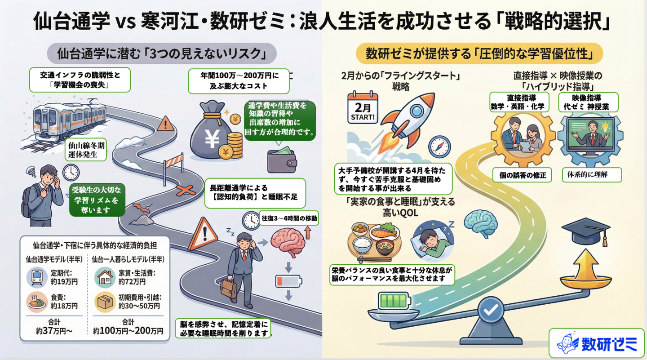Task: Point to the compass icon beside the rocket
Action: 439,146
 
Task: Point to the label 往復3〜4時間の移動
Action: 289,219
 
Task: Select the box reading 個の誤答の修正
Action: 522,175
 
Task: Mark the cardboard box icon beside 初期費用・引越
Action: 105,302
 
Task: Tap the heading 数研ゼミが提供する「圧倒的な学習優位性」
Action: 479,53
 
